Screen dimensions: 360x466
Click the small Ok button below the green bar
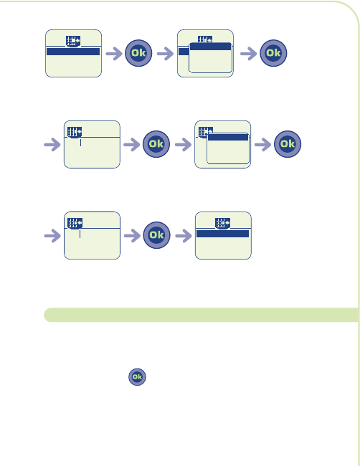point(137,377)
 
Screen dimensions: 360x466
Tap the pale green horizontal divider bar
point(202,315)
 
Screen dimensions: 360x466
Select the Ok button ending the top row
point(273,53)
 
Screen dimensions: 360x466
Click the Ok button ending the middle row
point(288,144)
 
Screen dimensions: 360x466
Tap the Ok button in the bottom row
point(156,235)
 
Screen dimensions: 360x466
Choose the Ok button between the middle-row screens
point(156,144)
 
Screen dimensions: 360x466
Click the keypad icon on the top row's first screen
point(73,41)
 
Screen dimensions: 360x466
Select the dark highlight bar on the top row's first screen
point(73,52)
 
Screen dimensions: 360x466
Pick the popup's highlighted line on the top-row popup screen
point(210,47)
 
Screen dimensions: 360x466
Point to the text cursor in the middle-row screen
point(80,143)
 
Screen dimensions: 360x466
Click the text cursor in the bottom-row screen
point(80,234)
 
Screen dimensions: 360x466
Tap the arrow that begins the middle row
point(52,145)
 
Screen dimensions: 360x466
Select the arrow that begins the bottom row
point(52,236)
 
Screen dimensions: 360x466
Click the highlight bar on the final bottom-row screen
point(222,234)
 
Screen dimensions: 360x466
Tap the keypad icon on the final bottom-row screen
point(222,223)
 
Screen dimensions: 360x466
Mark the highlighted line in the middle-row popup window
point(228,138)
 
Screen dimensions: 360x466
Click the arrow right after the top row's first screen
point(114,54)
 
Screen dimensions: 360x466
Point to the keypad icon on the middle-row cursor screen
point(75,132)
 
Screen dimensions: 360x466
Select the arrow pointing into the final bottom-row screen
point(184,236)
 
